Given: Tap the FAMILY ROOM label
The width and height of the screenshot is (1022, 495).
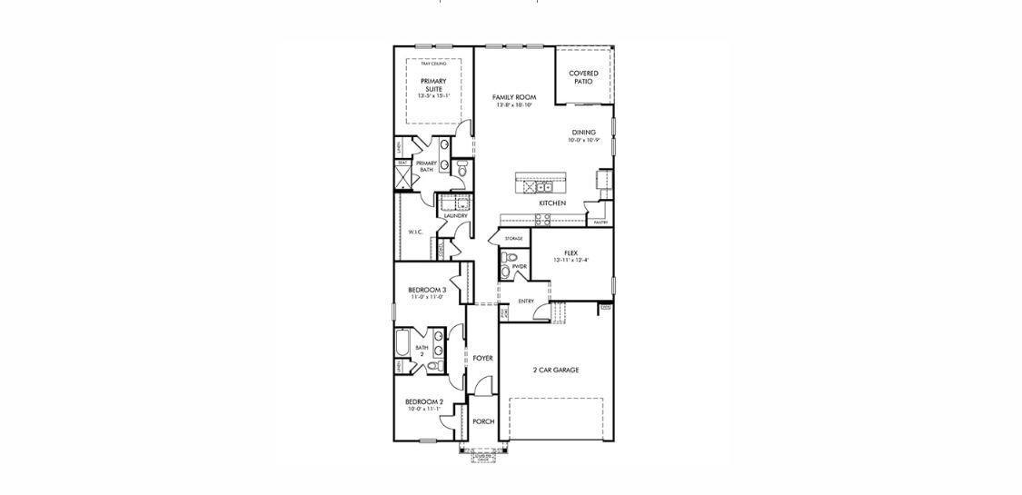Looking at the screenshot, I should pos(513,97).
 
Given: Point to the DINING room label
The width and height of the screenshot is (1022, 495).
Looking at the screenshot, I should pos(584,133).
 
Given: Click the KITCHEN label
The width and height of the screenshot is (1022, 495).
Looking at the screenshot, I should pos(552,203).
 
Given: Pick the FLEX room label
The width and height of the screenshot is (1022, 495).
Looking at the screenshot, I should pos(571,252).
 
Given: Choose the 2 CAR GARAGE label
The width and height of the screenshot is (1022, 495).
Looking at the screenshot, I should pos(556,370).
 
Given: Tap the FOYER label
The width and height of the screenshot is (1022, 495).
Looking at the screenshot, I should pos(482,358).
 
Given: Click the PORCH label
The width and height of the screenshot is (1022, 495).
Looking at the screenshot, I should pos(483,421).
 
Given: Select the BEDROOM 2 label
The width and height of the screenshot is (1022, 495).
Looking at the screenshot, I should pos(423,401).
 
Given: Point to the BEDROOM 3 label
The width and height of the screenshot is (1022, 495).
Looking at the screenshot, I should pos(426,290).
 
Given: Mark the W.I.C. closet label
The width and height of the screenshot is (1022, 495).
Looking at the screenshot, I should pos(416,232).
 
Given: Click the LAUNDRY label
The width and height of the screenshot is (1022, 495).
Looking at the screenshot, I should pos(455,215).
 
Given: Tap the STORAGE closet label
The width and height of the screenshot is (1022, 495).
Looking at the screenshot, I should pos(514,239).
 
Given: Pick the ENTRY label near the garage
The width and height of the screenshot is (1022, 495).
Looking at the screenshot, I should pos(526,301).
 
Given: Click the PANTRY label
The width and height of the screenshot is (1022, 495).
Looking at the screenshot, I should pos(600,222).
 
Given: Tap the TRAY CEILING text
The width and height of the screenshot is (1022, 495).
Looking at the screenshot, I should pos(432,63).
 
